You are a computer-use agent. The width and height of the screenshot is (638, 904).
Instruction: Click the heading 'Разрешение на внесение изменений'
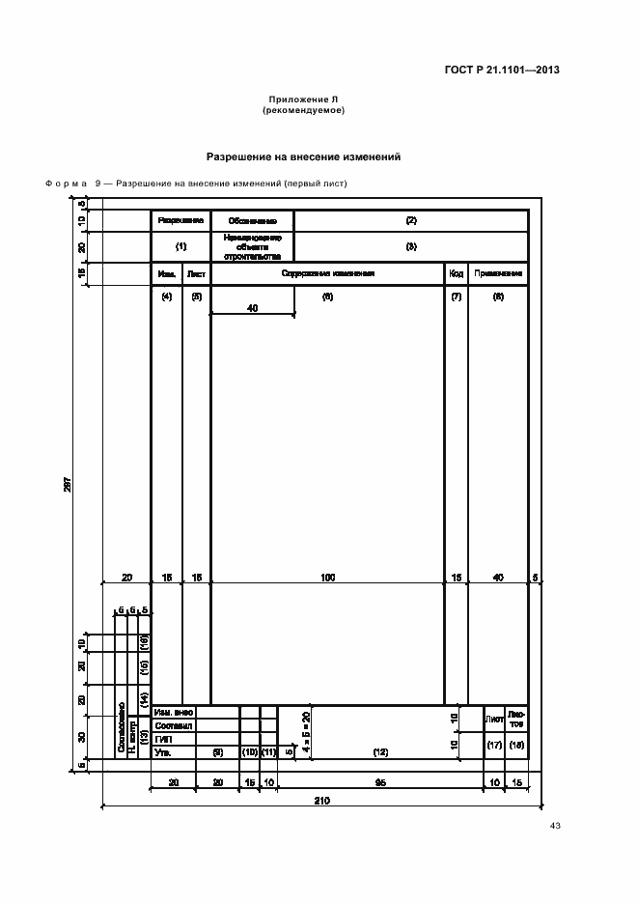point(303,156)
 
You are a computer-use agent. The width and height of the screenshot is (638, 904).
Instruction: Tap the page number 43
point(555,826)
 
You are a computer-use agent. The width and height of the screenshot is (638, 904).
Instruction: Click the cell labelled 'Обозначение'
point(253,221)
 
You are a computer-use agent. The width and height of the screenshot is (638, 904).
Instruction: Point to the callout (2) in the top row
point(410,221)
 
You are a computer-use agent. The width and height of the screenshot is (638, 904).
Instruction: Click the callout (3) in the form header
point(410,246)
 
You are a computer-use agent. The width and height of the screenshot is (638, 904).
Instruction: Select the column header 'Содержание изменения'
point(327,274)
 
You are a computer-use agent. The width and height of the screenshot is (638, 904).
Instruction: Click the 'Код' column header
point(456,274)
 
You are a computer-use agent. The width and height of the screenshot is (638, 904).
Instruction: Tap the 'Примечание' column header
point(498,274)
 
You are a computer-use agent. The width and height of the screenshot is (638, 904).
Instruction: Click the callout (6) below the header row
point(327,297)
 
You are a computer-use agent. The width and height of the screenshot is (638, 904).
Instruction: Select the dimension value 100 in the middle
point(327,577)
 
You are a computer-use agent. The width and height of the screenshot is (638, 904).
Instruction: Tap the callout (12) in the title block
point(380,751)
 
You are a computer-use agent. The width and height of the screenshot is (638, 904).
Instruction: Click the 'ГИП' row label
point(163,739)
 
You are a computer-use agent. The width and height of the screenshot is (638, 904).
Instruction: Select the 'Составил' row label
point(174,725)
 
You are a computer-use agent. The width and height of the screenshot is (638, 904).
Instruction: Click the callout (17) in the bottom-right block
point(494,745)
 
